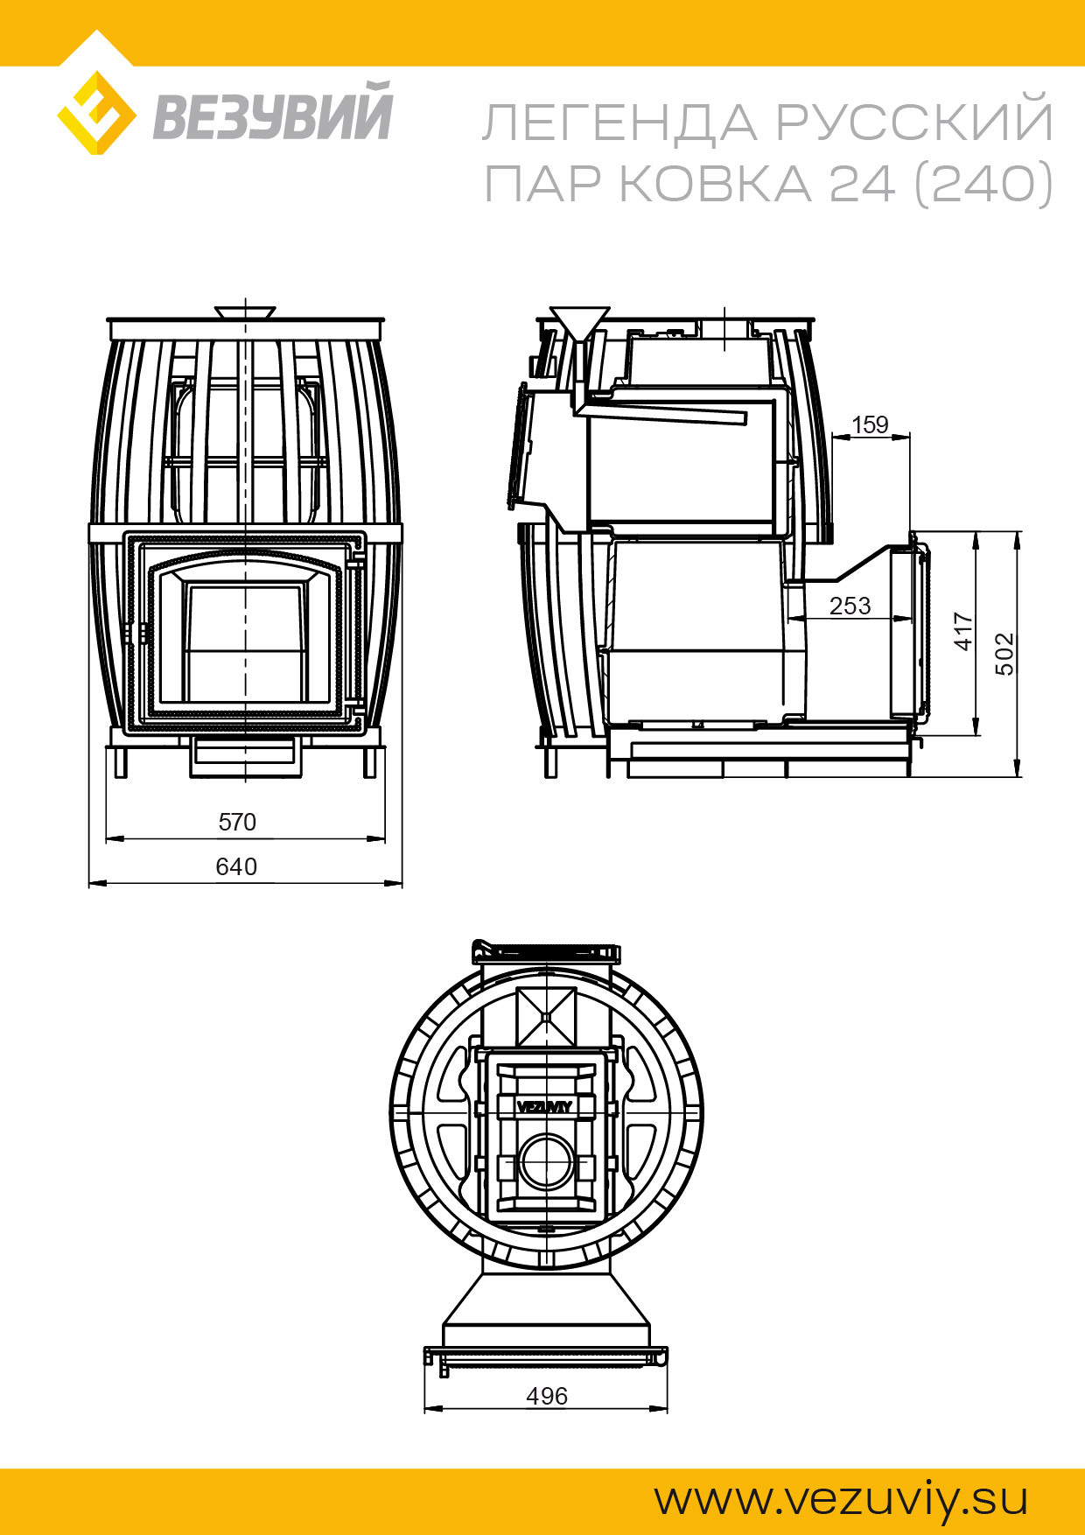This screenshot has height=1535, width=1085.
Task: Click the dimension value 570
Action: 237,822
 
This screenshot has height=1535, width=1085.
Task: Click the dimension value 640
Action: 236,866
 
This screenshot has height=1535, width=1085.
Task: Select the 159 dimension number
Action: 870,424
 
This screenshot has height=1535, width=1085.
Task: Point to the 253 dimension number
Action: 850,606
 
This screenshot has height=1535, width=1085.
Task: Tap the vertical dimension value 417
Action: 963,631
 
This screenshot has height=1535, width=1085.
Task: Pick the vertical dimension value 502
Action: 1005,654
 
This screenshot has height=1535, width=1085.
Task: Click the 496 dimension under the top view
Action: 547,1396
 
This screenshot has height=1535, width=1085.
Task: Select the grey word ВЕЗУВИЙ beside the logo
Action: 272,111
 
